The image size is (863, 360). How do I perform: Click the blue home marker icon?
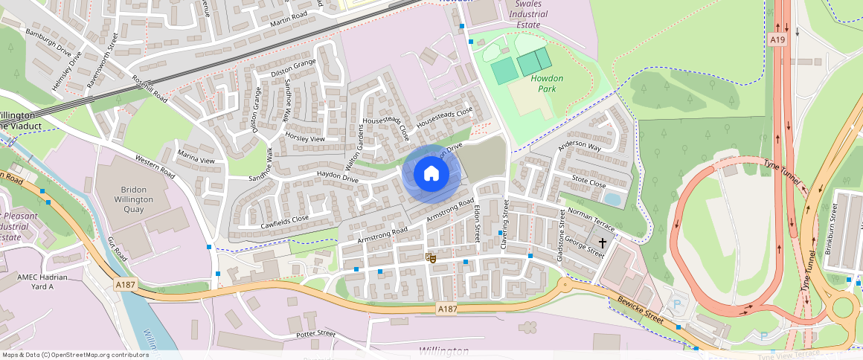click(431, 174)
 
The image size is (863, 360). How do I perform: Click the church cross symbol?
click(602, 243)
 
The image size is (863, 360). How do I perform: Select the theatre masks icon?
click(430, 257)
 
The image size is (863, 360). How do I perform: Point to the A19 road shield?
click(777, 39)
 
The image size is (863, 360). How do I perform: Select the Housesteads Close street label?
click(444, 115)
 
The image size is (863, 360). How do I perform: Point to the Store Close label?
click(588, 181)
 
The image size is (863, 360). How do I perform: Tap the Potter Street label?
click(316, 334)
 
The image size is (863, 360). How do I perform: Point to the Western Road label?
click(154, 166)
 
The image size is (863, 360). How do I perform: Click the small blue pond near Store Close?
click(614, 199)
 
